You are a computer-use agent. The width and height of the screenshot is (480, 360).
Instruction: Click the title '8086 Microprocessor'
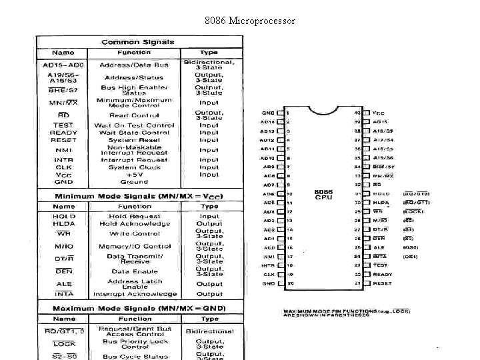pos(250,21)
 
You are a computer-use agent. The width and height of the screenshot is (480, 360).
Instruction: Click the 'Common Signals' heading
pos(138,41)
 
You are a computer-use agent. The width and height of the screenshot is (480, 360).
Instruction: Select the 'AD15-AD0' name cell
pos(63,65)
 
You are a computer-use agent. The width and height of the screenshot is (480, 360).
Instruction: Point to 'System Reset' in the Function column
pos(134,140)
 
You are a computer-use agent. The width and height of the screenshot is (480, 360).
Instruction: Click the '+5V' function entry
pos(134,174)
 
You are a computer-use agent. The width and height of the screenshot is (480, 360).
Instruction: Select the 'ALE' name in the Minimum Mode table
pos(64,284)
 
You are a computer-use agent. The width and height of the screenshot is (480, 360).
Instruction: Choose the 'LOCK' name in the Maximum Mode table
pos(64,344)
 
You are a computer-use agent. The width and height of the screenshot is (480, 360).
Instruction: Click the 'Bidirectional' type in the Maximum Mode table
pos(209,331)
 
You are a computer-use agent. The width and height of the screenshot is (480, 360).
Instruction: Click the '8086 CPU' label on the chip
pos(323,195)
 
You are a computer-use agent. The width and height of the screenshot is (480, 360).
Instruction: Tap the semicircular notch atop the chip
pos(323,109)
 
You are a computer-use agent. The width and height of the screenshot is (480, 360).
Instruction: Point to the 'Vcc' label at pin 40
pos(379,113)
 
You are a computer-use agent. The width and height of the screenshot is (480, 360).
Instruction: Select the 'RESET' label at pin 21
pos(383,283)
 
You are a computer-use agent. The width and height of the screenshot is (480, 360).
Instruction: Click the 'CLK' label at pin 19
pos(269,274)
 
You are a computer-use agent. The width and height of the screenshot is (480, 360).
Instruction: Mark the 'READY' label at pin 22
pos(383,274)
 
